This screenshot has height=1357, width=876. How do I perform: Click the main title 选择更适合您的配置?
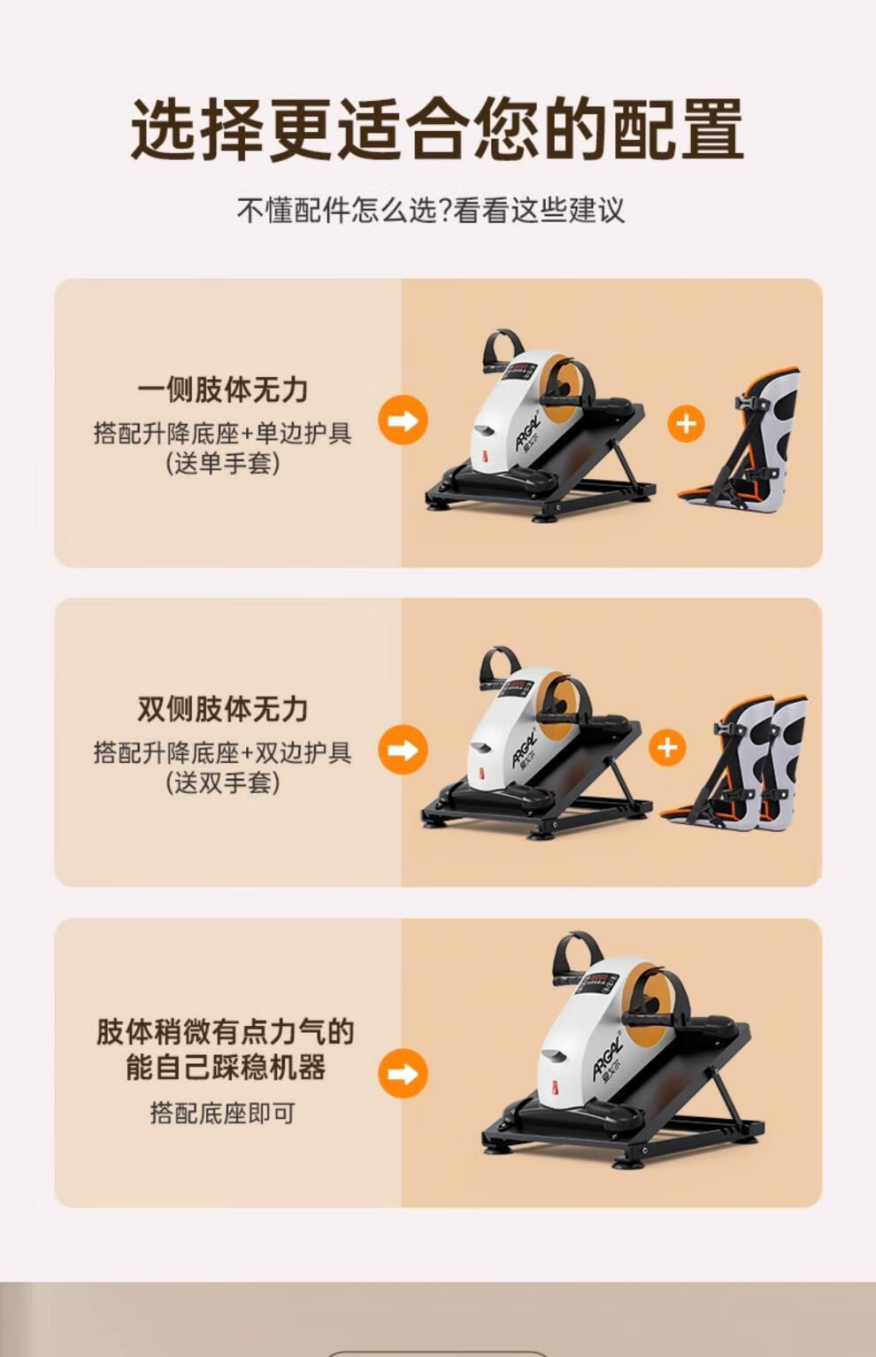(437, 129)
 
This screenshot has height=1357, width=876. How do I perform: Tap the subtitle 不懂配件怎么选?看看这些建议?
(430, 210)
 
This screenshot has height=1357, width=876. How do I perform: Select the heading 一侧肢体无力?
(223, 389)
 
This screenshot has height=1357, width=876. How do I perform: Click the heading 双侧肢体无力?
(223, 709)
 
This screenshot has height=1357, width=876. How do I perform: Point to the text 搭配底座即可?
(223, 1113)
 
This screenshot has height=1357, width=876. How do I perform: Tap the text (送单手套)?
(223, 464)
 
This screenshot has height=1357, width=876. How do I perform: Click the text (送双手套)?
(223, 783)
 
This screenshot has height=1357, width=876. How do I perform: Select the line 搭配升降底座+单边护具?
(223, 433)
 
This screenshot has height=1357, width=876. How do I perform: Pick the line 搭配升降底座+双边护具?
(223, 752)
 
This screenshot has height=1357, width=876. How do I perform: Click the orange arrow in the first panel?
(403, 420)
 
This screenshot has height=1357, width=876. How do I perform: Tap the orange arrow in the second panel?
(403, 750)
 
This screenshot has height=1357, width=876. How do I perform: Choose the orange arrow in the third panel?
(403, 1073)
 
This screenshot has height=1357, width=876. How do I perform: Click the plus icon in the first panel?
(686, 423)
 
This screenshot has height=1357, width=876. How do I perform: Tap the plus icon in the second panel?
(667, 747)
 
